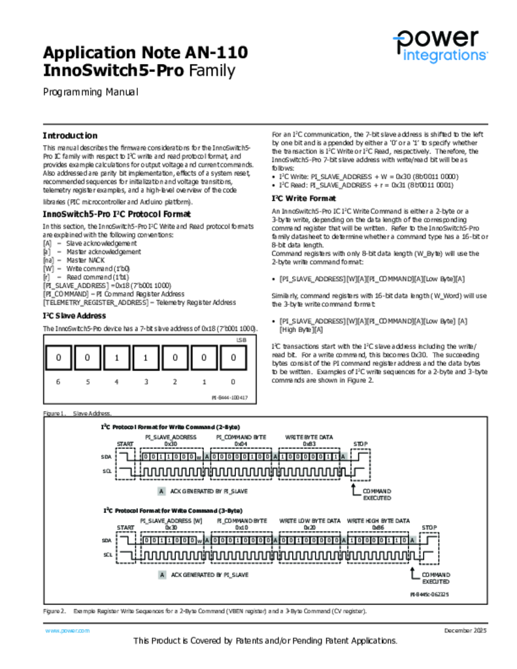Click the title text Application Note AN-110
click(x=145, y=52)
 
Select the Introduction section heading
click(x=70, y=136)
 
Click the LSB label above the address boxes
click(x=241, y=340)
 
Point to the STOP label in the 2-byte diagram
click(x=361, y=444)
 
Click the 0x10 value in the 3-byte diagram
click(x=241, y=527)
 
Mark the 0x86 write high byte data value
click(x=378, y=527)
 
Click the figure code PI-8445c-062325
click(x=429, y=595)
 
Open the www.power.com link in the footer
click(x=67, y=630)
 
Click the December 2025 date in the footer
click(x=465, y=630)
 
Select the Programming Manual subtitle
click(x=90, y=92)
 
